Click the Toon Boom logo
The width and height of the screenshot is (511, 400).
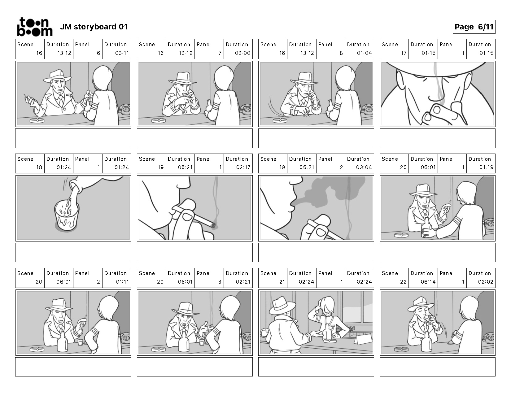point(35,27)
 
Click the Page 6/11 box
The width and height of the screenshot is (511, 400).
point(474,27)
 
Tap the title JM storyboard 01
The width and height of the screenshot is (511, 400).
point(94,27)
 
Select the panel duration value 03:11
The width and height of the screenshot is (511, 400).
point(122,53)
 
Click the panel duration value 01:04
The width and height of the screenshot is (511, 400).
point(364,53)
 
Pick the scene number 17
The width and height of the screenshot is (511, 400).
point(404,53)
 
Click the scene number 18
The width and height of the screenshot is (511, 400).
point(39,167)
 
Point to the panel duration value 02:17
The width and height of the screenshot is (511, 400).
point(243,167)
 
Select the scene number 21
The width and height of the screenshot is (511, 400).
point(282,282)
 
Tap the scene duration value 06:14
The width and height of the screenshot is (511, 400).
point(428,282)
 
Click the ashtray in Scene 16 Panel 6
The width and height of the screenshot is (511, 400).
point(37,120)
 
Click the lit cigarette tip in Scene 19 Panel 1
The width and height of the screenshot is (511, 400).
point(214,226)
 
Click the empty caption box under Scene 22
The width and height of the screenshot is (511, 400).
point(437,367)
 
